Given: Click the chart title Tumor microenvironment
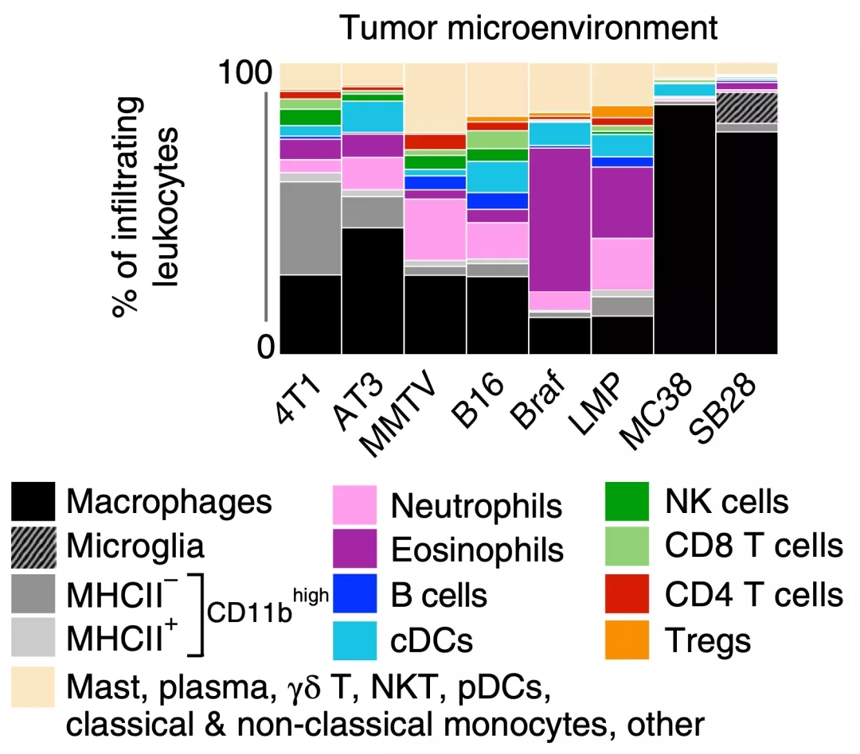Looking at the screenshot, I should click(528, 28).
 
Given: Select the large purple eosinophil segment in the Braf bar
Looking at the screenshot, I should click(559, 220).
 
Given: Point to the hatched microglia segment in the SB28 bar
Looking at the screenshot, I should click(747, 108).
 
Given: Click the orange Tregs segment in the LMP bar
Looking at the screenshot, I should click(622, 111).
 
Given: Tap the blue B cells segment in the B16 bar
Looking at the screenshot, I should click(497, 200).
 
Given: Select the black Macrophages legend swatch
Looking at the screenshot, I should click(33, 502).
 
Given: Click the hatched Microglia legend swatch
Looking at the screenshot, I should click(33, 547).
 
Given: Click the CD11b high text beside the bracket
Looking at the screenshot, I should click(268, 612).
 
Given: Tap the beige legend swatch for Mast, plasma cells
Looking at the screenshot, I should click(33, 686).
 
